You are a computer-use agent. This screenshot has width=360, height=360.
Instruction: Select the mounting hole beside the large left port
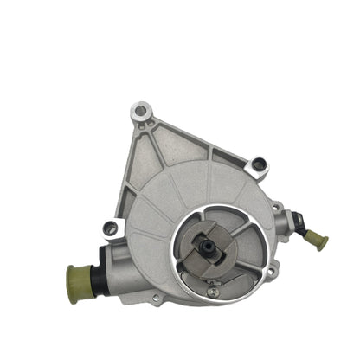pyautogui.click(x=109, y=228)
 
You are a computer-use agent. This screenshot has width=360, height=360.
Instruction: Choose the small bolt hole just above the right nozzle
pyautogui.click(x=276, y=207)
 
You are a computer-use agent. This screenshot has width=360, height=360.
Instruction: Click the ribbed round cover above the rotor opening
pyautogui.click(x=190, y=190)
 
